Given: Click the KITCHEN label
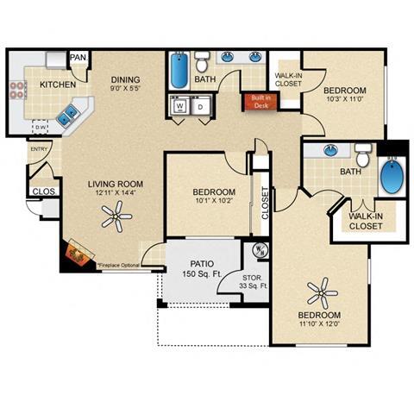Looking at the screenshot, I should pyautogui.click(x=57, y=85).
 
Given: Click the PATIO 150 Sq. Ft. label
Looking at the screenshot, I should pyautogui.click(x=203, y=268).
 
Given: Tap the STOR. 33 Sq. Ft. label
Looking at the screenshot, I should pyautogui.click(x=256, y=280).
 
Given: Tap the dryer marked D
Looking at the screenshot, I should pyautogui.click(x=202, y=107).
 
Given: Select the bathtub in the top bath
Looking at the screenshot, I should pyautogui.click(x=179, y=72).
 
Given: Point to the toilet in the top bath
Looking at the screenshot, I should pyautogui.click(x=202, y=61).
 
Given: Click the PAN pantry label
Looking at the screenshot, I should pyautogui.click(x=78, y=57).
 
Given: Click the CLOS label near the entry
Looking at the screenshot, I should pyautogui.click(x=43, y=192).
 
